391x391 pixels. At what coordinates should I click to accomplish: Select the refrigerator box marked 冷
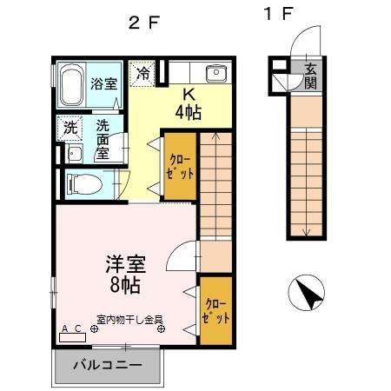coord(142,73)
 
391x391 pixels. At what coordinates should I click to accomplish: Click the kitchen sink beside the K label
coord(215,73)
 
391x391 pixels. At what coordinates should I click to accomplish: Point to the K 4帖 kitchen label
coord(189,104)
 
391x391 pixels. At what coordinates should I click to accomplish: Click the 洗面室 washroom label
coord(103,138)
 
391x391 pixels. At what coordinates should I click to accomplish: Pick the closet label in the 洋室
coord(217,311)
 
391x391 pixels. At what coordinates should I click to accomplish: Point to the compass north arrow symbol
coord(308,294)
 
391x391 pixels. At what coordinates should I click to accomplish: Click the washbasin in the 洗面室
coord(74,155)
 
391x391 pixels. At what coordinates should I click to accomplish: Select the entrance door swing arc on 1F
coord(305,42)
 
